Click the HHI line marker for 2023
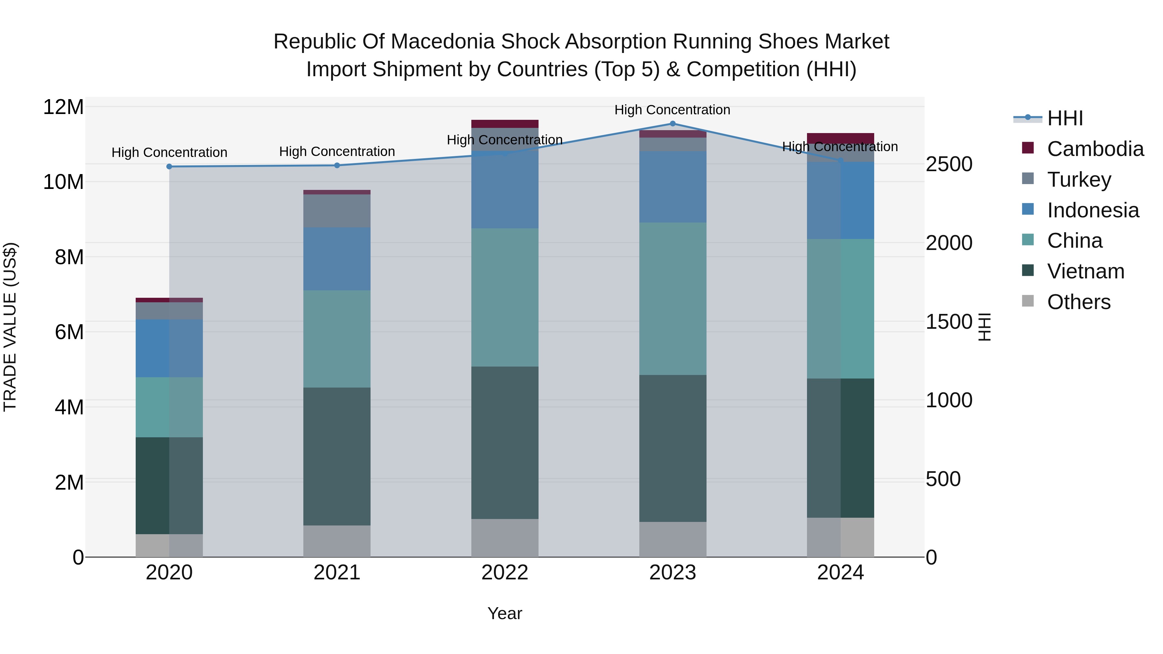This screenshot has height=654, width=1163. click(672, 124)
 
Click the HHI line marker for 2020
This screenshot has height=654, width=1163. click(169, 167)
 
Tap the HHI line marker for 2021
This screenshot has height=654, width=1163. click(337, 165)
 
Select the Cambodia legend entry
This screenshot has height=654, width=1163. click(1095, 149)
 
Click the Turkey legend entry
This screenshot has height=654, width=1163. click(1079, 180)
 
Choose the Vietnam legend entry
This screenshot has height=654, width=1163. click(1085, 271)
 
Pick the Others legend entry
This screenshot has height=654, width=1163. click(1079, 302)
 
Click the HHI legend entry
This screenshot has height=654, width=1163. click(1064, 118)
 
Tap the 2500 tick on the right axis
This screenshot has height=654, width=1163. click(948, 164)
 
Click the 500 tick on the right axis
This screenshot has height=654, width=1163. click(943, 479)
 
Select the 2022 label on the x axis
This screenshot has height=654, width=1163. click(505, 573)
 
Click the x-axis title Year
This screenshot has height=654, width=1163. click(505, 613)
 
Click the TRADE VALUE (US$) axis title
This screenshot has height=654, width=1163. click(10, 327)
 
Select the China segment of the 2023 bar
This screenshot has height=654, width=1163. click(672, 298)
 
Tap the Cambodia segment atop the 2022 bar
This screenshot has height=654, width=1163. click(505, 124)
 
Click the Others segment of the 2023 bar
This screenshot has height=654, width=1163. click(672, 539)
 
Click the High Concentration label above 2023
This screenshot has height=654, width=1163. click(672, 110)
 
